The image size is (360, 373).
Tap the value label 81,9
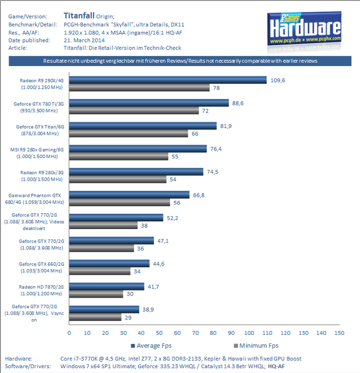[226, 126]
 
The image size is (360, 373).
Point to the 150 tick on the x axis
[339, 333]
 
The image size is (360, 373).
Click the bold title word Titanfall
[81, 16]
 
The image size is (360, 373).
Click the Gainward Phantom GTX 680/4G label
[37, 198]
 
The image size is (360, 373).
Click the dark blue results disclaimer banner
[180, 61]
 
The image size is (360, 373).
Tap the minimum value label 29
[128, 318]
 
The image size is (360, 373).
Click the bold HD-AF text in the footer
[277, 367]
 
